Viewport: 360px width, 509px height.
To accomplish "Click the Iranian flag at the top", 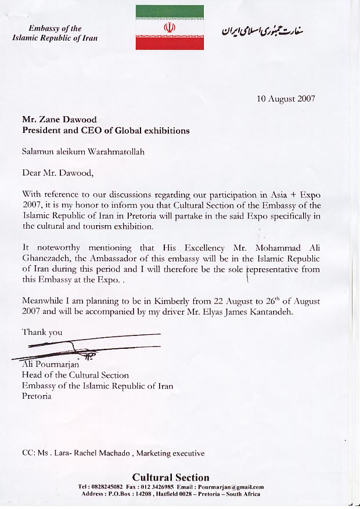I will point(170,27).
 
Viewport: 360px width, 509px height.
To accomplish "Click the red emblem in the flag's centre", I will point(170,27).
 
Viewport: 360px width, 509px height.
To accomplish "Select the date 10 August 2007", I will point(286,99).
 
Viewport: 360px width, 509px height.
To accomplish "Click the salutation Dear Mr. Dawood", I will point(57,172).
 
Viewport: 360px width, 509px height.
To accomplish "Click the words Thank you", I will point(42,333).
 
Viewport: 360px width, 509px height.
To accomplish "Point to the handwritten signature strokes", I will point(87,347).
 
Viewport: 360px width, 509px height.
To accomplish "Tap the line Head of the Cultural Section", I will point(75,376).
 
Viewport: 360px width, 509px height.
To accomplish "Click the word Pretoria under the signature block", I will point(37,396).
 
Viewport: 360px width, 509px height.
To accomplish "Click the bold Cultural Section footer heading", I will point(170,478).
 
